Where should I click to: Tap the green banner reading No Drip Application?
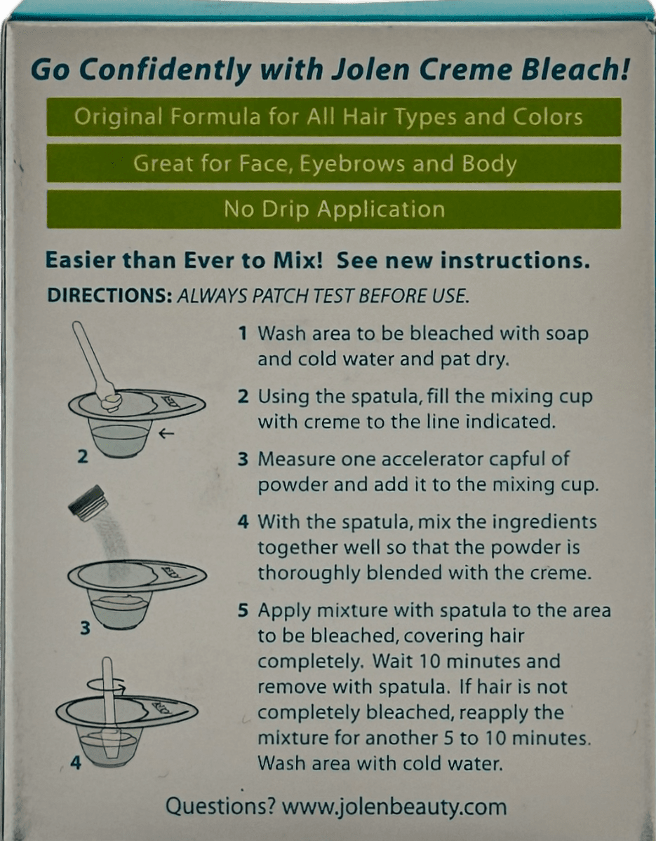334,210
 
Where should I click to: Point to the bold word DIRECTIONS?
109,295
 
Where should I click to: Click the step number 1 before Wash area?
243,334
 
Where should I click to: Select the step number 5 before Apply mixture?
243,610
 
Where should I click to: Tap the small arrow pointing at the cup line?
166,435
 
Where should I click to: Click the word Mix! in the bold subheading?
298,260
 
